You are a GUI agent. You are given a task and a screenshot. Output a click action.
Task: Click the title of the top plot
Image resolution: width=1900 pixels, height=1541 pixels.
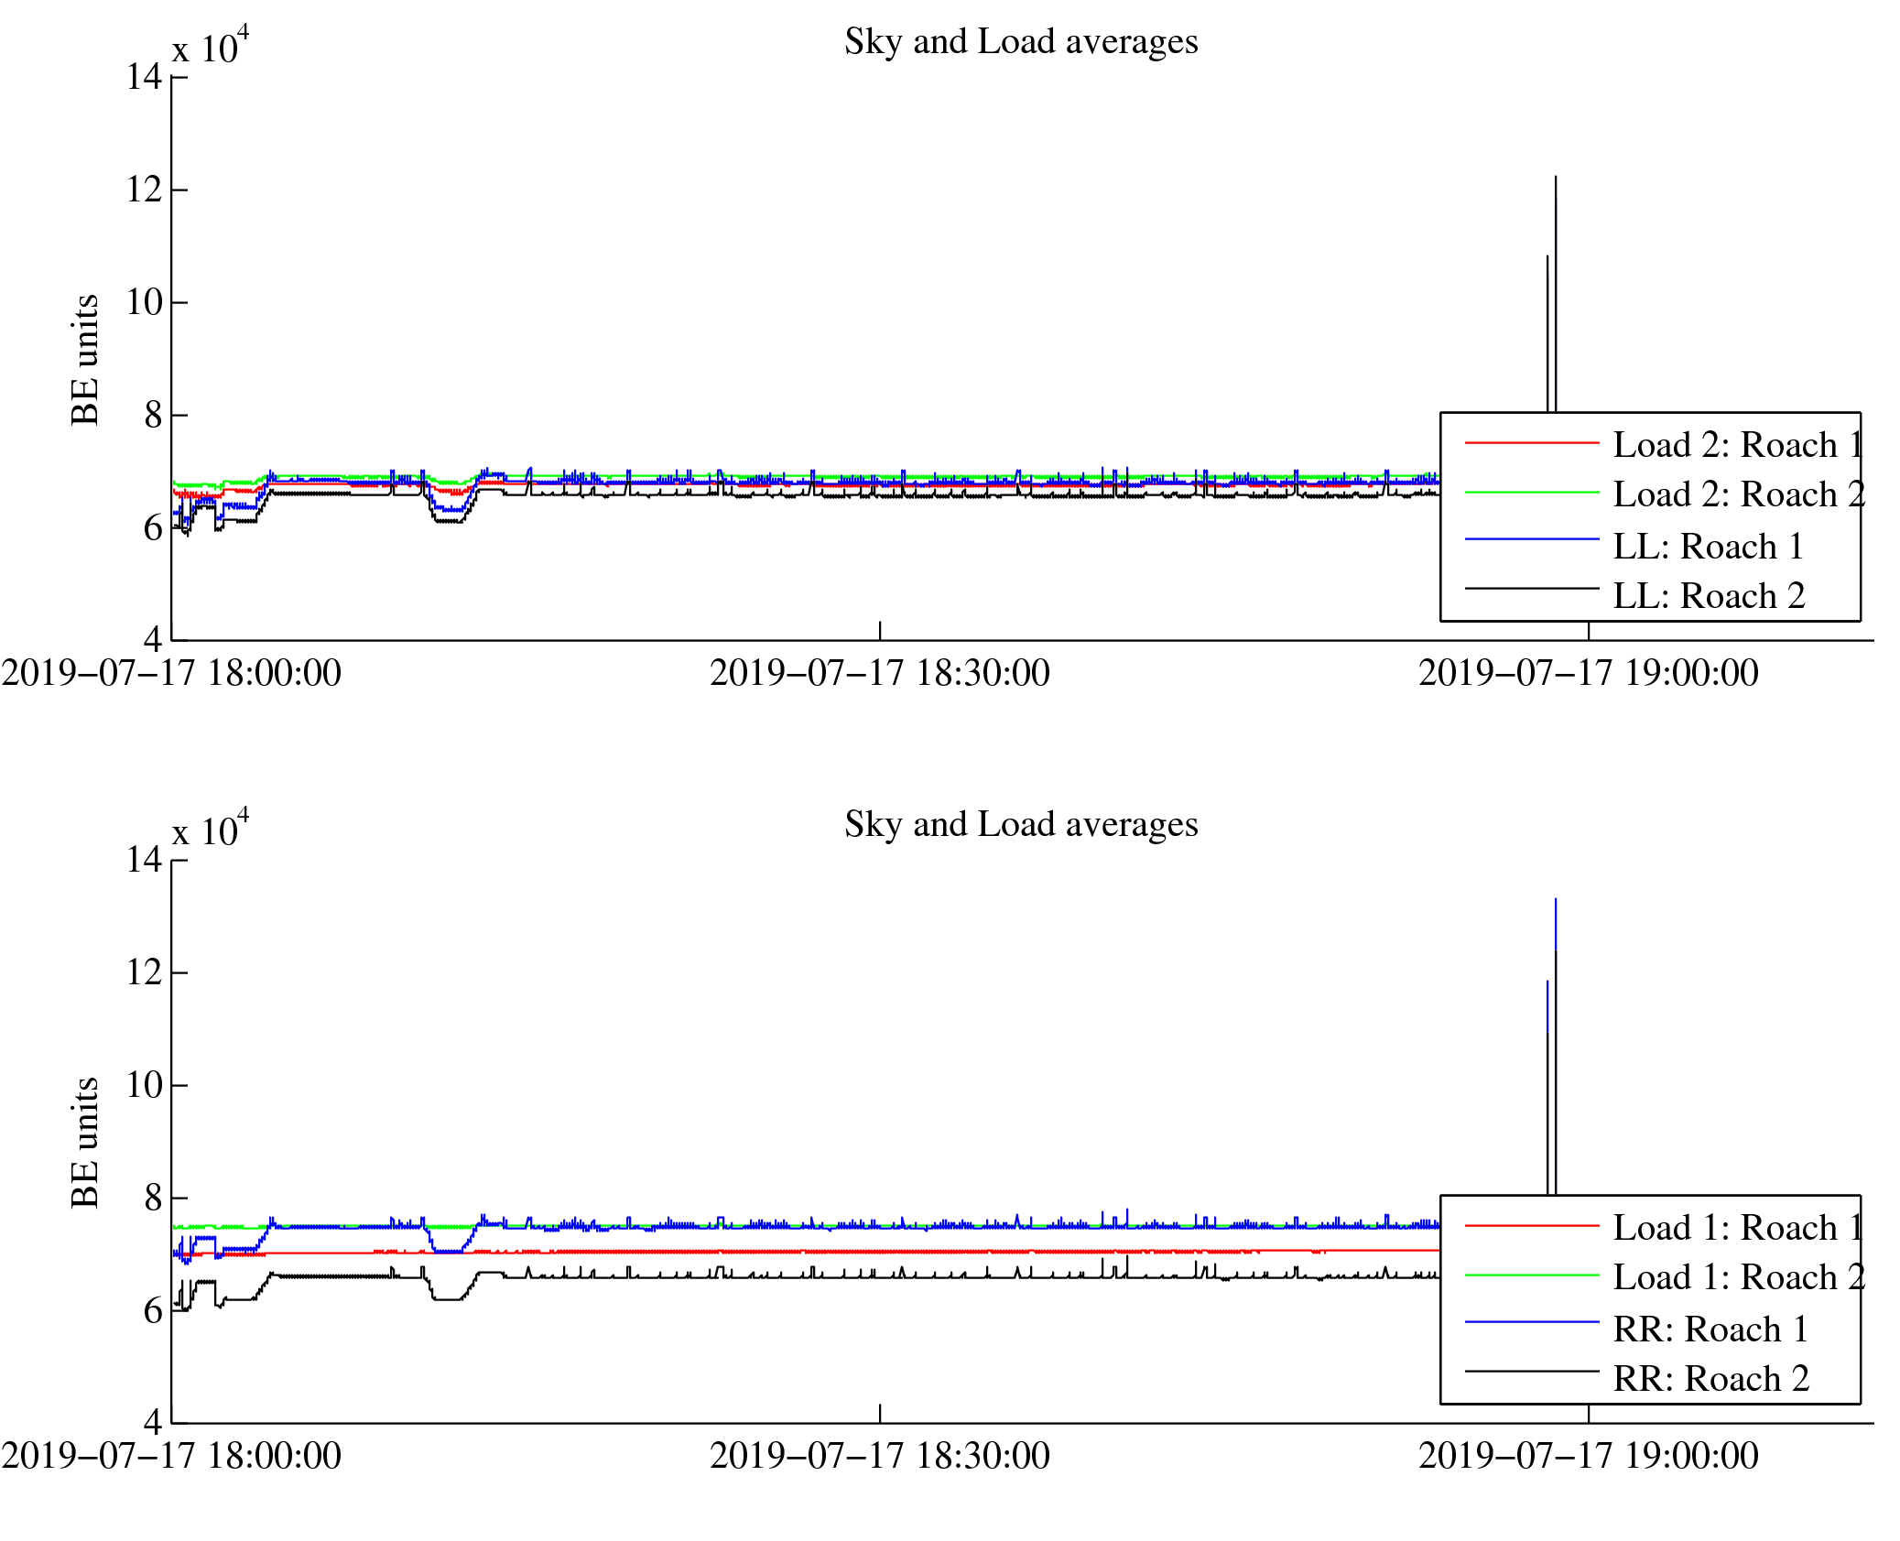pos(1020,42)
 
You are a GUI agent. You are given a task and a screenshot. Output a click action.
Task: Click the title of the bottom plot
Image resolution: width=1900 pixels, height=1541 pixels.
pos(1020,825)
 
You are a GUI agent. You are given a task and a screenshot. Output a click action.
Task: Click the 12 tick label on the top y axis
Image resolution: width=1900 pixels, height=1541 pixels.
pos(145,190)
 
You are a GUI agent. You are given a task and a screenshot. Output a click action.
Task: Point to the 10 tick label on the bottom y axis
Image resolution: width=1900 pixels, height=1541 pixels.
pos(145,1085)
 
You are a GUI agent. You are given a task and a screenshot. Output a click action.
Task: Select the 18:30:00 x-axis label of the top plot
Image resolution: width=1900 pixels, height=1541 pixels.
pos(879,674)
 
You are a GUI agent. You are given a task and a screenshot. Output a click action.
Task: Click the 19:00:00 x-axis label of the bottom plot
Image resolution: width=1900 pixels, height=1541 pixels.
pos(1588,1457)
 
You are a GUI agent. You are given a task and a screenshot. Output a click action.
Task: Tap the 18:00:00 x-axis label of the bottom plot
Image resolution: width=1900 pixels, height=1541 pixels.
pos(171,1457)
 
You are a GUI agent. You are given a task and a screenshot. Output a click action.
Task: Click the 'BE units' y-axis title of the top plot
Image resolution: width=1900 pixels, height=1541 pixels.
pos(85,360)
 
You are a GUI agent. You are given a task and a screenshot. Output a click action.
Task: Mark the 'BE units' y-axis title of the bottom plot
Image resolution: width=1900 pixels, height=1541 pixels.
pos(85,1143)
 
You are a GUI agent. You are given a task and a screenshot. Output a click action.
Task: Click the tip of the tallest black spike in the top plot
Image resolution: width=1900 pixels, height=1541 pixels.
pos(1555,178)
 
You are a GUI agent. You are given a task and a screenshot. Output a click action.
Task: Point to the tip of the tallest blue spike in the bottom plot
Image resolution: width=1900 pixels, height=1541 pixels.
pos(1555,900)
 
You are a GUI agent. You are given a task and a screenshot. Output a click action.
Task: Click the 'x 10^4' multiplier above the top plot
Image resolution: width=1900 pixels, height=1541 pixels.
pos(210,47)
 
